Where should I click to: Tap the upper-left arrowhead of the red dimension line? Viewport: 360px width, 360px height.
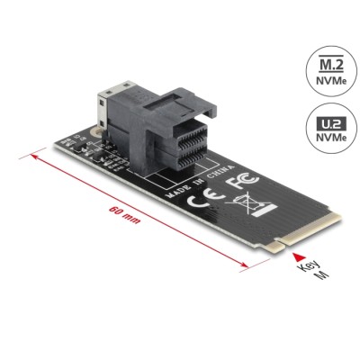[x=34, y=156]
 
